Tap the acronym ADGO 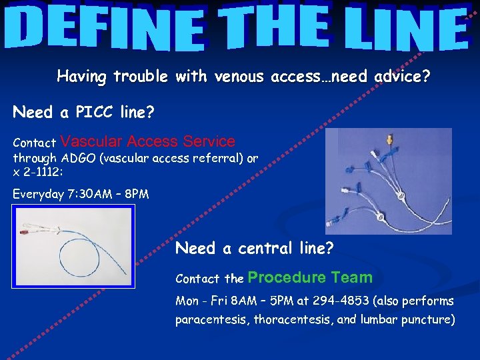(x=79, y=158)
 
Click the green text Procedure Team (x=310, y=277)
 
